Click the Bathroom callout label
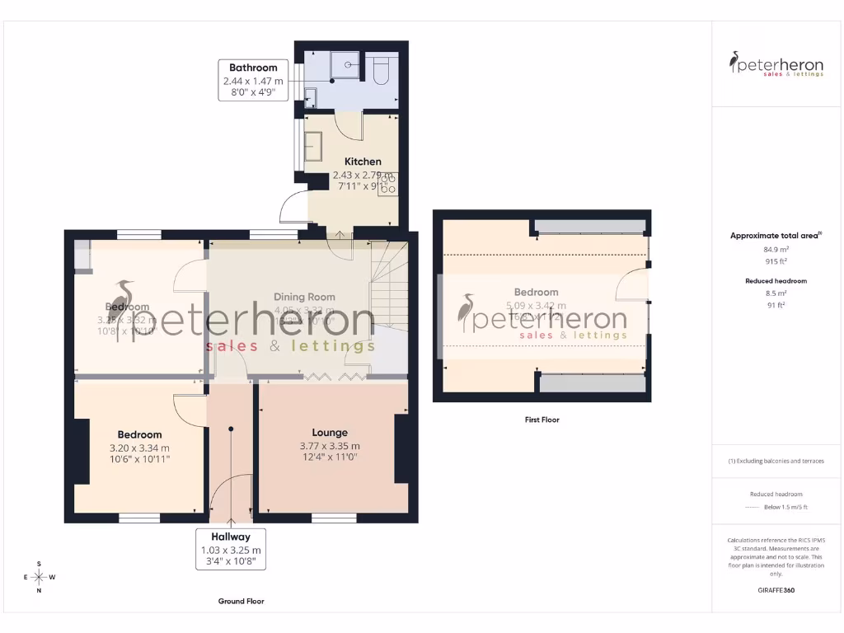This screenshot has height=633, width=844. coord(253,80)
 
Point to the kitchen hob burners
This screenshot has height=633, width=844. coord(387,183)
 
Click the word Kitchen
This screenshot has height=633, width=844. coord(363,162)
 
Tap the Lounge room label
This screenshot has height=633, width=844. coord(330,433)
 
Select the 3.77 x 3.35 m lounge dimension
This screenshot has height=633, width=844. coord(330,447)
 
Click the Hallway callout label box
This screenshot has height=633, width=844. coord(231,549)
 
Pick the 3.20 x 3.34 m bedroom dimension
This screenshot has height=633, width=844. coord(139,448)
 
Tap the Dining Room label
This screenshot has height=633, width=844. coord(304,297)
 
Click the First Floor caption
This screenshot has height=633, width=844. coord(542,420)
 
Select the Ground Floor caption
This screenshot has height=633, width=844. coord(241,602)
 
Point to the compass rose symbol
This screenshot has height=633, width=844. coord(39,577)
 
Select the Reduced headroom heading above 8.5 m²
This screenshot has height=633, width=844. coord(776,281)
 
